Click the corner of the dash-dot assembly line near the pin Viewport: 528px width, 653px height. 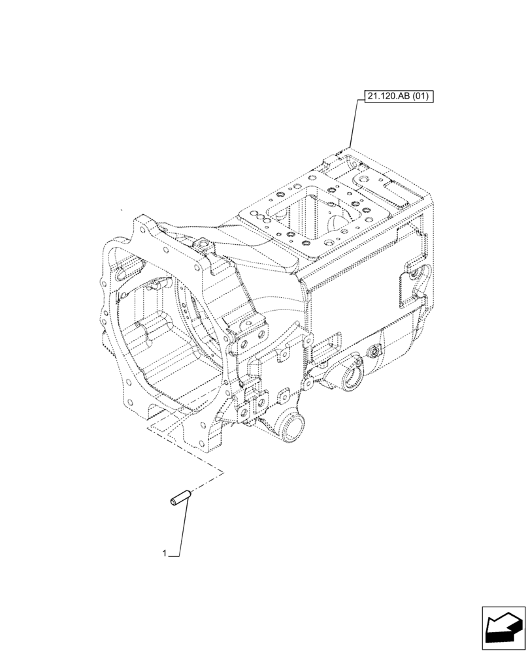pyautogui.click(x=223, y=471)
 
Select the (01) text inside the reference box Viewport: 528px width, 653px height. pyautogui.click(x=420, y=97)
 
